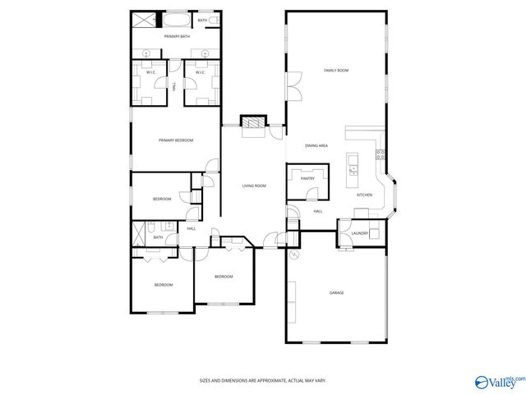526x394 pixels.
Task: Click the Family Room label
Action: coord(336,71)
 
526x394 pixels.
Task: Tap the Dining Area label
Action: coord(316,146)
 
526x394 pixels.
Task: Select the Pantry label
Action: coord(307,178)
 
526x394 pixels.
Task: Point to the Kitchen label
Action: coord(364,195)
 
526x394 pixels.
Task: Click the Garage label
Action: coord(336,293)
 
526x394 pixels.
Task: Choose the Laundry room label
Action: coord(359,234)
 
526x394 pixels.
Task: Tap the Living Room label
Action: coord(254,186)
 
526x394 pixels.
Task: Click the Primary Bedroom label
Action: coord(176,140)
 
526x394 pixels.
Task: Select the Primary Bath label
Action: coord(176,37)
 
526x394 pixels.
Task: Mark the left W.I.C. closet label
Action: coord(151,73)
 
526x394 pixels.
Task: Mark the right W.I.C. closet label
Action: coord(199,73)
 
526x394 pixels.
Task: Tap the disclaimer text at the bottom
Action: coord(263,381)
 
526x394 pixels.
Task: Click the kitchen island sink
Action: coord(353,170)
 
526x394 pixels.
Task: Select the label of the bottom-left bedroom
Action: coord(164,285)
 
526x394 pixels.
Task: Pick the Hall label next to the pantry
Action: coord(317,212)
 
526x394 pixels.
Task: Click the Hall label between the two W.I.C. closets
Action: coord(174,85)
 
